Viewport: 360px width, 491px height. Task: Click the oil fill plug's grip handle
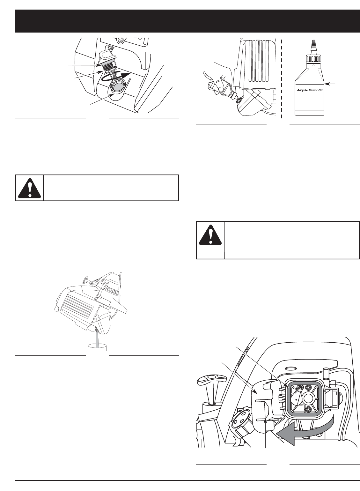pyautogui.click(x=107, y=56)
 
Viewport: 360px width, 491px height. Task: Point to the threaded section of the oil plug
pyautogui.click(x=108, y=65)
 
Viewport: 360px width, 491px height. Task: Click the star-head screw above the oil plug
pyautogui.click(x=120, y=40)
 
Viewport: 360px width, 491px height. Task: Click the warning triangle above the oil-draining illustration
pyautogui.click(x=29, y=188)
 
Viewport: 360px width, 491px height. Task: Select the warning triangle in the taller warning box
pyautogui.click(x=210, y=240)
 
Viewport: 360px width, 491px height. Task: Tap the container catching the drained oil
pyautogui.click(x=98, y=350)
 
